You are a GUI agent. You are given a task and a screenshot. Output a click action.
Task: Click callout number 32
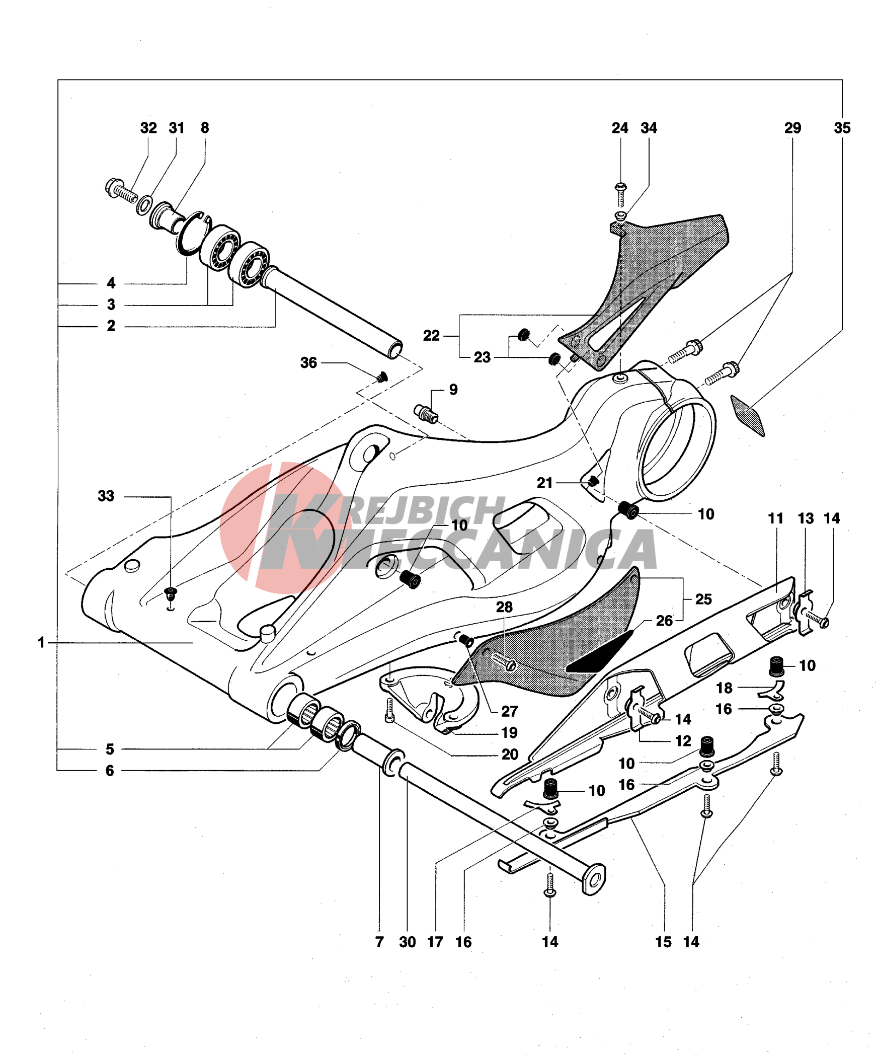(148, 128)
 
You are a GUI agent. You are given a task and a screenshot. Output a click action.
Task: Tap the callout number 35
(842, 128)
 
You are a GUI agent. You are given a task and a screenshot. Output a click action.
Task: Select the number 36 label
(308, 362)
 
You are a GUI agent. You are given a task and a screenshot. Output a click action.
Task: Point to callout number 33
(106, 496)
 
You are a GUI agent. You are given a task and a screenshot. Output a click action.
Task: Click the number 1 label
(41, 642)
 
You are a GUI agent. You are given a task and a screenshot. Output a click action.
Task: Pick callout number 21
(544, 483)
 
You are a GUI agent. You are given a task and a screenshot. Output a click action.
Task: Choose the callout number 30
(407, 942)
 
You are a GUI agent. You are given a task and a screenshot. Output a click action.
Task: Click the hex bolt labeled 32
(121, 190)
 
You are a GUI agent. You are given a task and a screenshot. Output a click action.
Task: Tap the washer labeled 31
(145, 205)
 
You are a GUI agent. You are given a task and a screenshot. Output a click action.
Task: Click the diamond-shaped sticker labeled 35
(748, 415)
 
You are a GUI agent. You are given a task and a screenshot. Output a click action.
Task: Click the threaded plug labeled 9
(426, 413)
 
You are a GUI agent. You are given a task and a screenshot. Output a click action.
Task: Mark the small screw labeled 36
(382, 376)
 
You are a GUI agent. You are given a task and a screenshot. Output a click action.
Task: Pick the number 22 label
(431, 335)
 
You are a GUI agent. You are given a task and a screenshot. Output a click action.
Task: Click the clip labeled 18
(771, 691)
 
